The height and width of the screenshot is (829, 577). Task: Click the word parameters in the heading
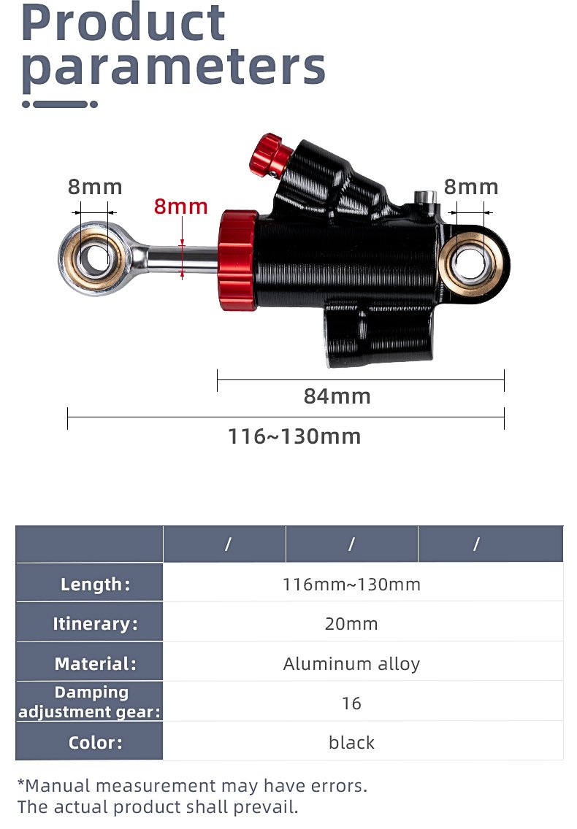click(x=173, y=68)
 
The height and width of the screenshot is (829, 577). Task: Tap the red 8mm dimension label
click(x=181, y=207)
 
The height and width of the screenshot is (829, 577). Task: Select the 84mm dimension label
click(x=337, y=396)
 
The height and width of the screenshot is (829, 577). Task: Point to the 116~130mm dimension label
click(x=294, y=436)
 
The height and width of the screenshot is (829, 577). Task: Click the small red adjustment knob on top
click(x=270, y=155)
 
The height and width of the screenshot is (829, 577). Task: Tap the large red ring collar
click(x=237, y=260)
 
